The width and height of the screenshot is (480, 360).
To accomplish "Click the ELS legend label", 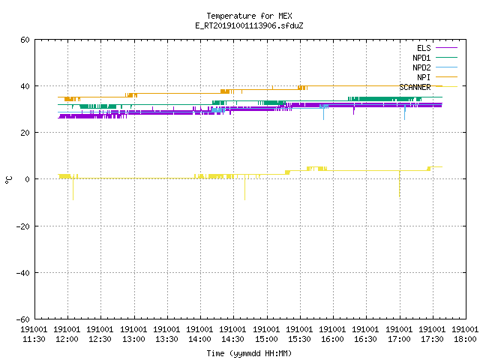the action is (424, 48).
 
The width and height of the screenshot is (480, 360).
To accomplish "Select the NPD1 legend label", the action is (421, 58).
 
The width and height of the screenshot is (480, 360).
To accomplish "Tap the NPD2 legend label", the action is (421, 67).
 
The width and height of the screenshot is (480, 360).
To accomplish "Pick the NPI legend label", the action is (424, 77).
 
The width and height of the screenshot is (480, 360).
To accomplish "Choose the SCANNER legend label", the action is (415, 87).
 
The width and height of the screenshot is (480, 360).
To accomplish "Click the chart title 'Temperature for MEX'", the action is (249, 16).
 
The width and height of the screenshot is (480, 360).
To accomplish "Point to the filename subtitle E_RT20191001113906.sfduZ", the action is (249, 25).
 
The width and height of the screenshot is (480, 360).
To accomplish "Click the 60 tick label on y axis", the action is (25, 40).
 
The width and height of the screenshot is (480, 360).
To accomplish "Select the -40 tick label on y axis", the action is (23, 273).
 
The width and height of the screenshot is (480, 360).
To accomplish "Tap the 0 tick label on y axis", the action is (28, 179).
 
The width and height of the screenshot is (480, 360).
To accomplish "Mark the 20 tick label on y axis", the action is (25, 133).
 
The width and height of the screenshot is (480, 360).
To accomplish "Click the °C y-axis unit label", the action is (8, 180).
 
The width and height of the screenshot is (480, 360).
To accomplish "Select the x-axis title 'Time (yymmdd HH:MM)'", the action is (249, 353).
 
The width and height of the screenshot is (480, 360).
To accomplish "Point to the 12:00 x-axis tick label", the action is (67, 339).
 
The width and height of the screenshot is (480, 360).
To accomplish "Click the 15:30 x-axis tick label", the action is (299, 339).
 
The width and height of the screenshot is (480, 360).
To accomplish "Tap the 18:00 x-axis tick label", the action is (465, 339).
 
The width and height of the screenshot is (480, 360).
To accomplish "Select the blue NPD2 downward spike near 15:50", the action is (323, 112).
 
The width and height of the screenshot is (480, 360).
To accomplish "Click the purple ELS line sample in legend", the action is (447, 48).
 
